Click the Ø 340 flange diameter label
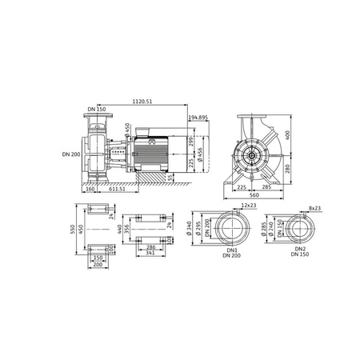[189, 232]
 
